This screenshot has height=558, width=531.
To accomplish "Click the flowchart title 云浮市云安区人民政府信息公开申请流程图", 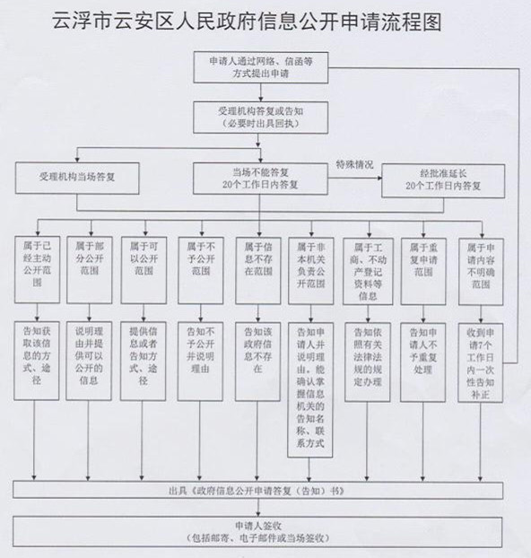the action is (247, 22).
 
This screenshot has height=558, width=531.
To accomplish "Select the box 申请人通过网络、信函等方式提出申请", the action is (260, 67).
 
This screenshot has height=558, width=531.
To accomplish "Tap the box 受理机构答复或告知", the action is (260, 118).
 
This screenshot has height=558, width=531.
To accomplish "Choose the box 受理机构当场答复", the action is (77, 179).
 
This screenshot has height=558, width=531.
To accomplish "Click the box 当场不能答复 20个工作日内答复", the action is (260, 179).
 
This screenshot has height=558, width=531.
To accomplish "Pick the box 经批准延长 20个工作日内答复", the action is (443, 180).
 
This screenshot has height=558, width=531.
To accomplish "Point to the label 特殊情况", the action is (355, 164).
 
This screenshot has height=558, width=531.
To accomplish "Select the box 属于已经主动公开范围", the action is (37, 270).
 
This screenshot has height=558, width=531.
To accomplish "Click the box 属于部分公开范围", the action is (90, 270).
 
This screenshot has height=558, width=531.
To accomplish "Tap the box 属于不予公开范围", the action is (201, 270).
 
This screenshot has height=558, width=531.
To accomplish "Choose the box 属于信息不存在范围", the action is (258, 271).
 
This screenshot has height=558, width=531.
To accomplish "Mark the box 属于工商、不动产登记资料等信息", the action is (368, 272).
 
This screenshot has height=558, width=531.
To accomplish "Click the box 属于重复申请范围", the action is (423, 272).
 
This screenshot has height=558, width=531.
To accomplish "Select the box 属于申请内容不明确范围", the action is (481, 272).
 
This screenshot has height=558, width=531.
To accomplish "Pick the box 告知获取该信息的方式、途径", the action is (37, 361).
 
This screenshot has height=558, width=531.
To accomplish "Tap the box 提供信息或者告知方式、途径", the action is (144, 362).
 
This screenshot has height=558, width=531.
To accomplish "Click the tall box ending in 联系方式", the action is (310, 390).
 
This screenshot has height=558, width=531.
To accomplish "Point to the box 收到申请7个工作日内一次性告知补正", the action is (481, 362).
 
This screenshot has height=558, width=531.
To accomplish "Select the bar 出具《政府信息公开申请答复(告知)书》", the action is (258, 491).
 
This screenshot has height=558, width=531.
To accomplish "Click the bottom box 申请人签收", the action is (257, 532).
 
